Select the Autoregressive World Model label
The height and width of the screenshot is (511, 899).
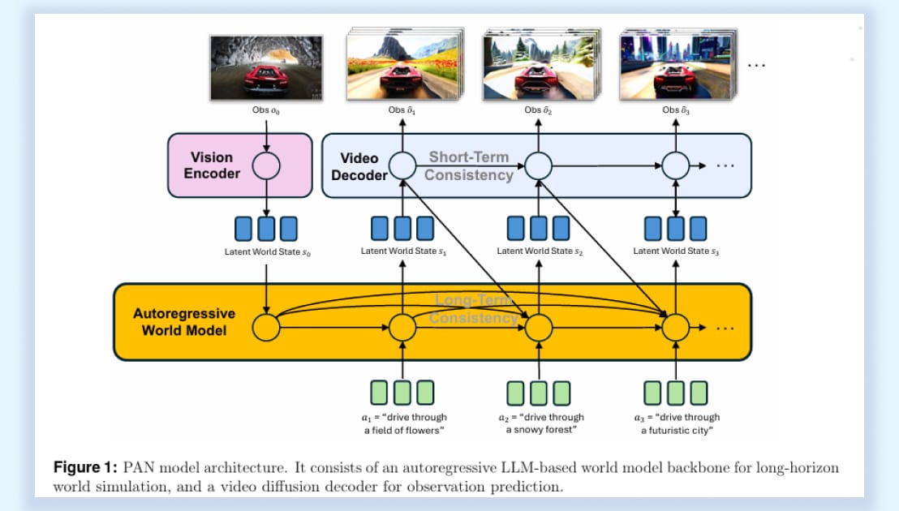click(184, 321)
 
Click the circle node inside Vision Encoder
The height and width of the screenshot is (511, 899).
click(266, 165)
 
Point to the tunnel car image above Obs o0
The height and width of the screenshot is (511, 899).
click(265, 67)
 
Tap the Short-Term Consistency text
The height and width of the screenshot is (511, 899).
click(469, 165)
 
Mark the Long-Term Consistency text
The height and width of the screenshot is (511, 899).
click(474, 309)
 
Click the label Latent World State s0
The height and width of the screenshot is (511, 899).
click(267, 251)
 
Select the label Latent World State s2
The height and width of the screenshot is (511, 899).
click(540, 251)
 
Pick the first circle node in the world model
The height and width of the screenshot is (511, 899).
click(266, 328)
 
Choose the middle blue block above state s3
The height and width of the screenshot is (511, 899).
click(675, 228)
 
